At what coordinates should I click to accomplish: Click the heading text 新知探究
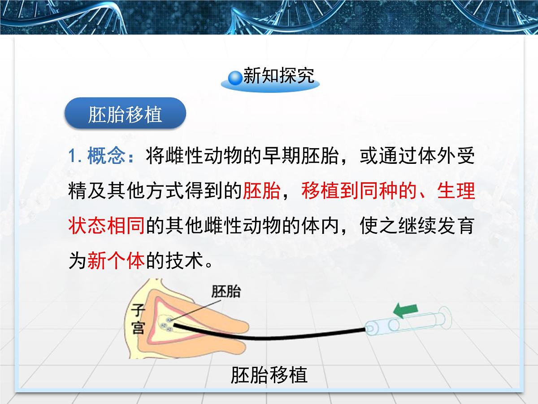[279, 77]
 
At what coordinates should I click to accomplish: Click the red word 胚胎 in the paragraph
[261, 191]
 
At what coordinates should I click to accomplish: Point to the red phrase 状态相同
[106, 226]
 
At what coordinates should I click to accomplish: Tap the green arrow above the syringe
[405, 310]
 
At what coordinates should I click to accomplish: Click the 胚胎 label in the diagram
[226, 292]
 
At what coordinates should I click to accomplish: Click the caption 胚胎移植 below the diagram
[269, 375]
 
